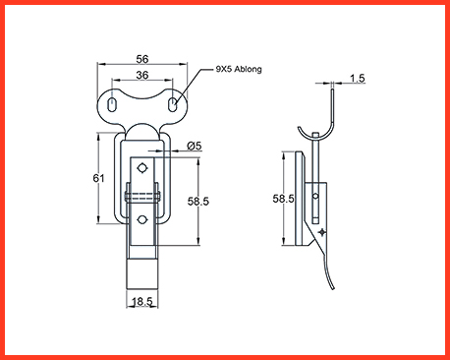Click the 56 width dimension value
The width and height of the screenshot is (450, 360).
tap(142, 59)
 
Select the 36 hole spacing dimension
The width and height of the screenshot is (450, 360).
tap(142, 75)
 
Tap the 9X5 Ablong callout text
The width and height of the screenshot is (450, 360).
tap(239, 69)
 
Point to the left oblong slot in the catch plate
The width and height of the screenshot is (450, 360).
tap(112, 104)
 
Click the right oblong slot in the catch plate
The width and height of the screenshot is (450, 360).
tap(172, 104)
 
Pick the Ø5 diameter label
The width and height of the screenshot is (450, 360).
tap(195, 146)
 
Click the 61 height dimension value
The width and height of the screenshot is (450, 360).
tap(98, 178)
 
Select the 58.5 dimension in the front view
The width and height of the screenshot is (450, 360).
tap(197, 201)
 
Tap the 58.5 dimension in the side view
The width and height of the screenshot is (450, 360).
tap(283, 199)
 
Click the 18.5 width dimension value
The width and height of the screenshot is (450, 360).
tap(142, 301)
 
